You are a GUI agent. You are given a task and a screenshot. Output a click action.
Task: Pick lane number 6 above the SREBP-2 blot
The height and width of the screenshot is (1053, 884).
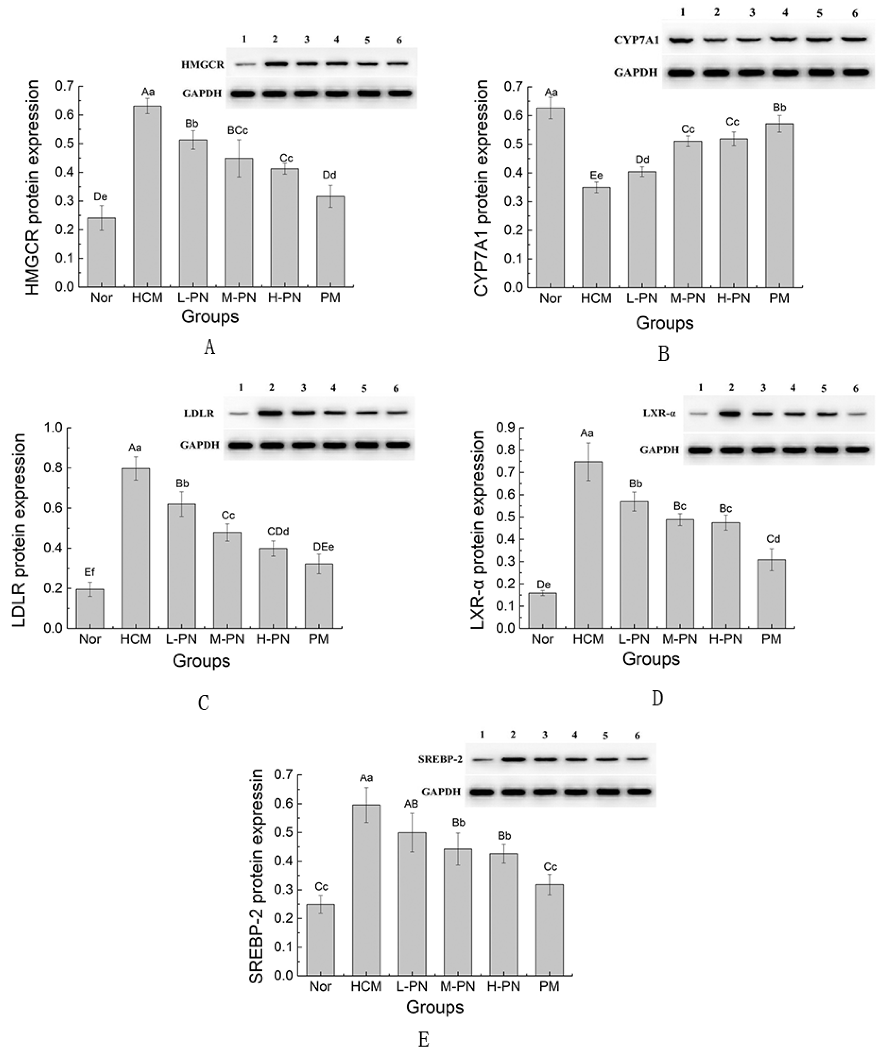pyautogui.click(x=637, y=735)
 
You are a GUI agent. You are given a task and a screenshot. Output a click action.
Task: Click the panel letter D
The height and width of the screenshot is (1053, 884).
pyautogui.click(x=657, y=698)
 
